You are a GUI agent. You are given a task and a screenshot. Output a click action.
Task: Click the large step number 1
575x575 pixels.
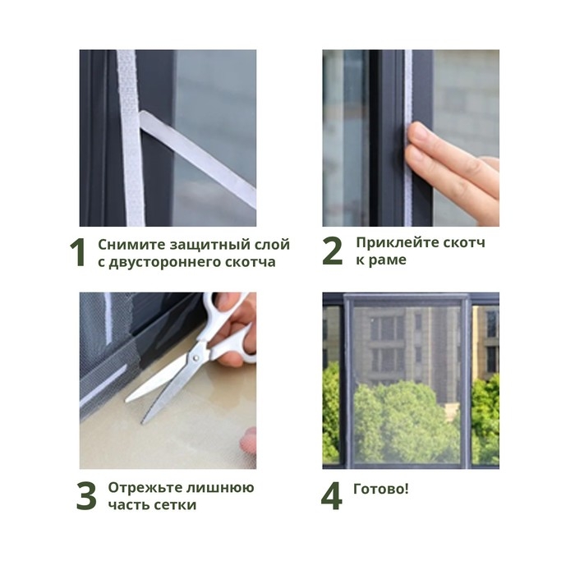(77, 253)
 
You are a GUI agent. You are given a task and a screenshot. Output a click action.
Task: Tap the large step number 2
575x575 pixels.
(332, 251)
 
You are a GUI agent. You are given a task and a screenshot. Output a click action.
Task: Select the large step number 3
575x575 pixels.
(86, 496)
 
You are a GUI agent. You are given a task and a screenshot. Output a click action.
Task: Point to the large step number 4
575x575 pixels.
(331, 496)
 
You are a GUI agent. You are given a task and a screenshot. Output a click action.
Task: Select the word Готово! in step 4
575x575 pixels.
(381, 489)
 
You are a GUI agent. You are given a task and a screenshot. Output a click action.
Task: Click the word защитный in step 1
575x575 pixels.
(205, 245)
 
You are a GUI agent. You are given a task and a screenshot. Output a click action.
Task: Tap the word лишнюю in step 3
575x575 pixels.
(217, 488)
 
